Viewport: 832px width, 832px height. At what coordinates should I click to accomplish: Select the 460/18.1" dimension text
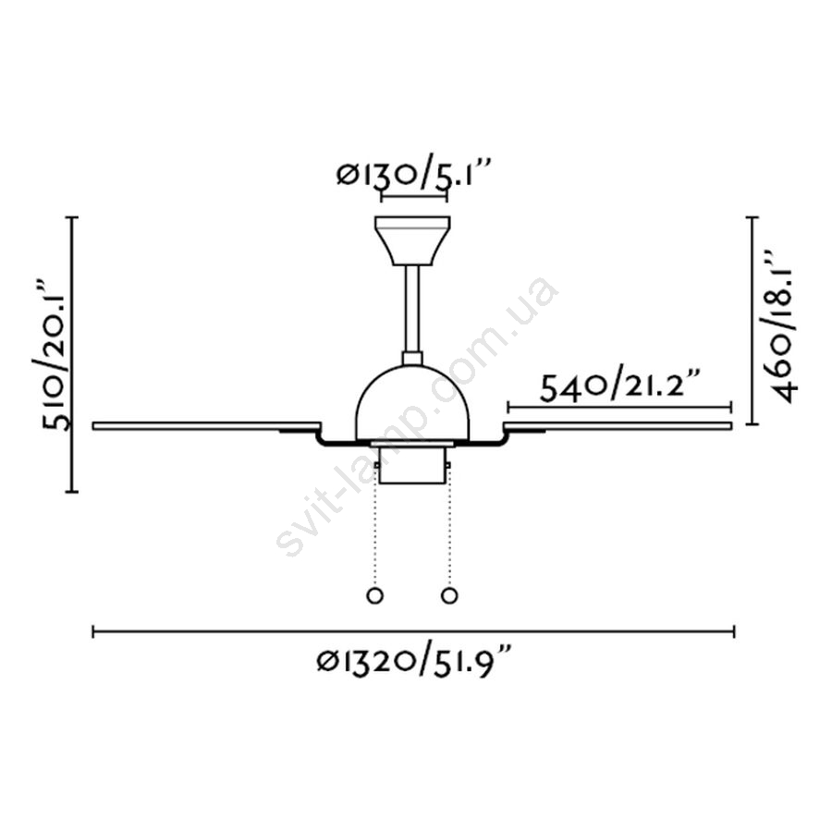pyautogui.click(x=781, y=324)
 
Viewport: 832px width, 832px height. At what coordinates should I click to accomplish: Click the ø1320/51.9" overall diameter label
pyautogui.click(x=414, y=661)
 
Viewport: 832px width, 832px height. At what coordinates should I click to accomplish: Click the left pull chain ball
pyautogui.click(x=374, y=595)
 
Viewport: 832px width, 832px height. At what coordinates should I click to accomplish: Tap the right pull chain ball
pyautogui.click(x=449, y=595)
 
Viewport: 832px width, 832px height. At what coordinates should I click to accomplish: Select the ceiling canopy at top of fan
pyautogui.click(x=412, y=240)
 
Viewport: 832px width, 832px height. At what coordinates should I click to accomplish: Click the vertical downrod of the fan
pyautogui.click(x=412, y=309)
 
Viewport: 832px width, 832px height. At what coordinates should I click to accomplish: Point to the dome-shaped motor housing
pyautogui.click(x=412, y=402)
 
